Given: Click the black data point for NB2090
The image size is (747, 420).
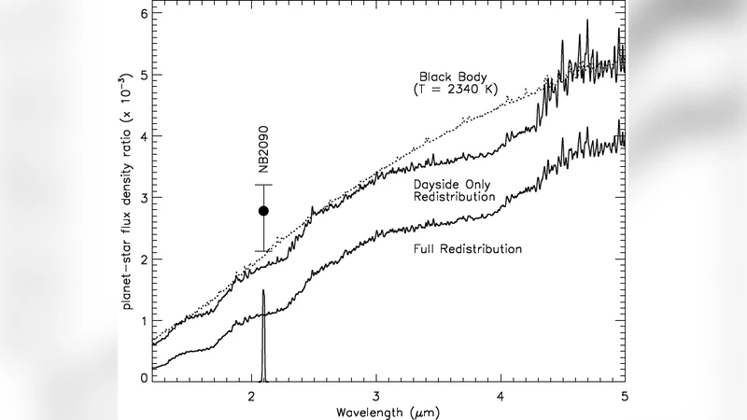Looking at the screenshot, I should tap(264, 212).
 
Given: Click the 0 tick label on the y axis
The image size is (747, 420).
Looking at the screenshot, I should tap(144, 377).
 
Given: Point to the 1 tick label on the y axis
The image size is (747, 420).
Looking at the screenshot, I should tap(144, 320).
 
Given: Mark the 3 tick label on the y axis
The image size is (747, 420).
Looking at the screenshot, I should tap(144, 198).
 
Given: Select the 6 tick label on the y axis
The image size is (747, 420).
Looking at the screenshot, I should tap(144, 14).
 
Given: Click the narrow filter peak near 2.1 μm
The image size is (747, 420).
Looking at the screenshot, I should tap(263, 291).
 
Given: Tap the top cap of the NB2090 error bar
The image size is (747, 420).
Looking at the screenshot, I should tap(264, 185).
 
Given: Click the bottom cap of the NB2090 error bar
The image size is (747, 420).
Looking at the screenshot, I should tap(264, 251).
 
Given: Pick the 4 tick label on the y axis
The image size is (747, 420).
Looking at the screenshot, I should tap(144, 136).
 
